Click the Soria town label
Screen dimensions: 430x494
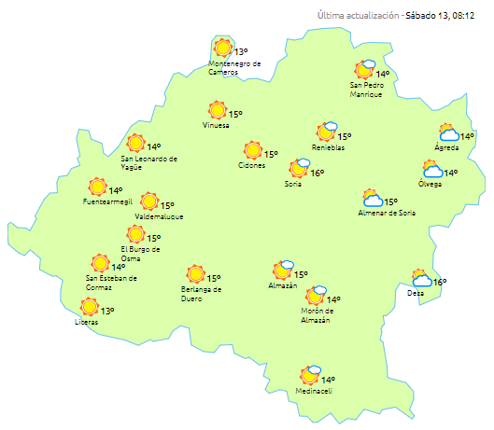292,183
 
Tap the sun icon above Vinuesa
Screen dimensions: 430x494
218,110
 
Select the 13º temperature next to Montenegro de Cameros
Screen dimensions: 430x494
241,52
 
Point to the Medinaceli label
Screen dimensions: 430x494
316,391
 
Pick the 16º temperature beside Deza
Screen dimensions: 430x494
440,283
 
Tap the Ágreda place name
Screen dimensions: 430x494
446,148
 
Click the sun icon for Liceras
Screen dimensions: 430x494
90,307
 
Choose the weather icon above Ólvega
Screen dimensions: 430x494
431,169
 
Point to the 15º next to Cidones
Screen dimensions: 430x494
271,155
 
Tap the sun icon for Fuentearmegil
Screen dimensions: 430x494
96,187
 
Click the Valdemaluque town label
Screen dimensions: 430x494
159,216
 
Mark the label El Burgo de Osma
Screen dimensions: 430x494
141,254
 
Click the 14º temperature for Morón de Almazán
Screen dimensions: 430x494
334,300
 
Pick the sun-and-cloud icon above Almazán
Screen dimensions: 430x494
283,270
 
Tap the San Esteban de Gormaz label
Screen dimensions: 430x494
111,282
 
